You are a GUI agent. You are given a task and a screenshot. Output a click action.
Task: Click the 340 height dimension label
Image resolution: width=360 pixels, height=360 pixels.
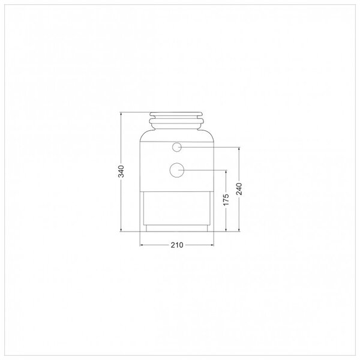121,171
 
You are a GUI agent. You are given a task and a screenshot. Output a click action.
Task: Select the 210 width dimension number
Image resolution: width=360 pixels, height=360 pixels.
177,245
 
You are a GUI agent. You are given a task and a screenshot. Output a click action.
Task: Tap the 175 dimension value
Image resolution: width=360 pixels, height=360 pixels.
226,200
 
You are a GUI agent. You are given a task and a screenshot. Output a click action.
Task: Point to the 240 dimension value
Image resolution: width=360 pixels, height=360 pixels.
239,189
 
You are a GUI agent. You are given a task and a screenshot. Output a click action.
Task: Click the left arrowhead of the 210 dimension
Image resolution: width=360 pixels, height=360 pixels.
142,245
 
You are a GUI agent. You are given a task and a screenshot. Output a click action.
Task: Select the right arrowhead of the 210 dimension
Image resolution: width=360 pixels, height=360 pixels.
212,245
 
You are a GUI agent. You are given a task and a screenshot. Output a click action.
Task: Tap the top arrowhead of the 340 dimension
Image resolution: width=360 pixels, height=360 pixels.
121,113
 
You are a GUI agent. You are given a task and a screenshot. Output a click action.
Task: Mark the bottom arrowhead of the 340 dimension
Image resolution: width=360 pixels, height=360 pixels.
121,230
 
